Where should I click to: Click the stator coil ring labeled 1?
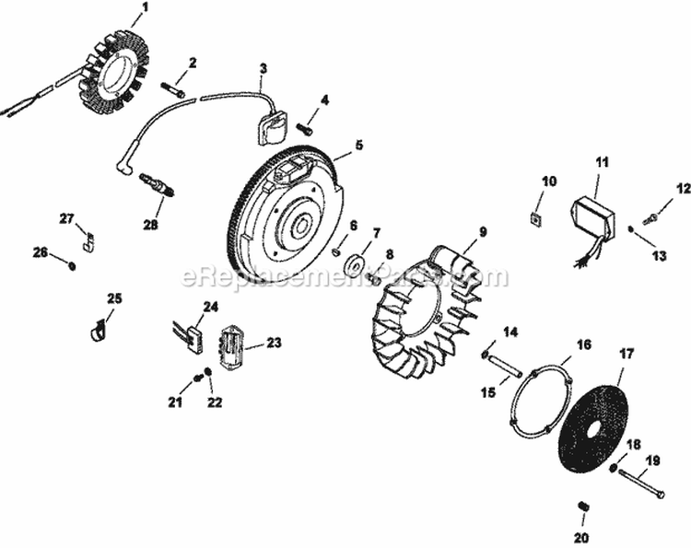(x=116, y=68)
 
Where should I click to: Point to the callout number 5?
(x=359, y=145)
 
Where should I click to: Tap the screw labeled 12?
(x=652, y=217)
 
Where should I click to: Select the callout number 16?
(x=583, y=345)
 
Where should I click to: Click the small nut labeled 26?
(x=72, y=265)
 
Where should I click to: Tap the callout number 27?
(x=66, y=218)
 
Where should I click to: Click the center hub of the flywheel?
(x=300, y=223)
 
